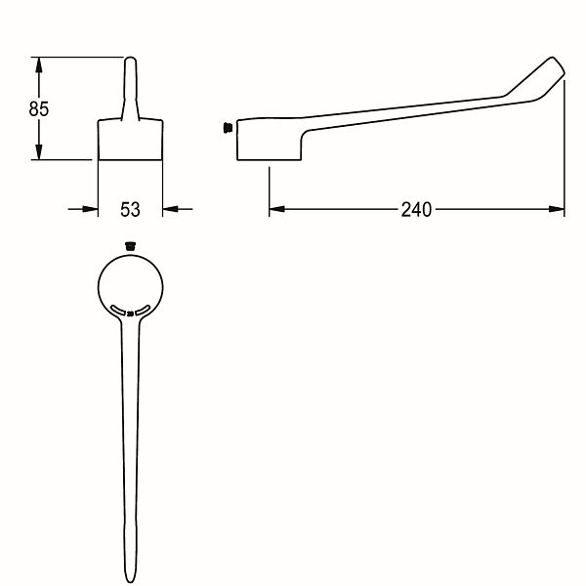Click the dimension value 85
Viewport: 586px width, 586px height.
(39, 108)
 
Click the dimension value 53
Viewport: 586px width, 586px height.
(130, 209)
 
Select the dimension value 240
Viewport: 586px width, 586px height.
(416, 210)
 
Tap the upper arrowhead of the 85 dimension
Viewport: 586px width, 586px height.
(38, 64)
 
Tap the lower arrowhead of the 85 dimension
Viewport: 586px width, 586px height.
(38, 152)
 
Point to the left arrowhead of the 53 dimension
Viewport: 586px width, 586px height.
(90, 209)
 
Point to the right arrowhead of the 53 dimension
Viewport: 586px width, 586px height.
(170, 209)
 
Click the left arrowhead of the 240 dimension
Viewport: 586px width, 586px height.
(277, 209)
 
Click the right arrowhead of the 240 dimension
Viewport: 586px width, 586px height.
(557, 209)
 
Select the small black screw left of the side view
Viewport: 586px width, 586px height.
(228, 127)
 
